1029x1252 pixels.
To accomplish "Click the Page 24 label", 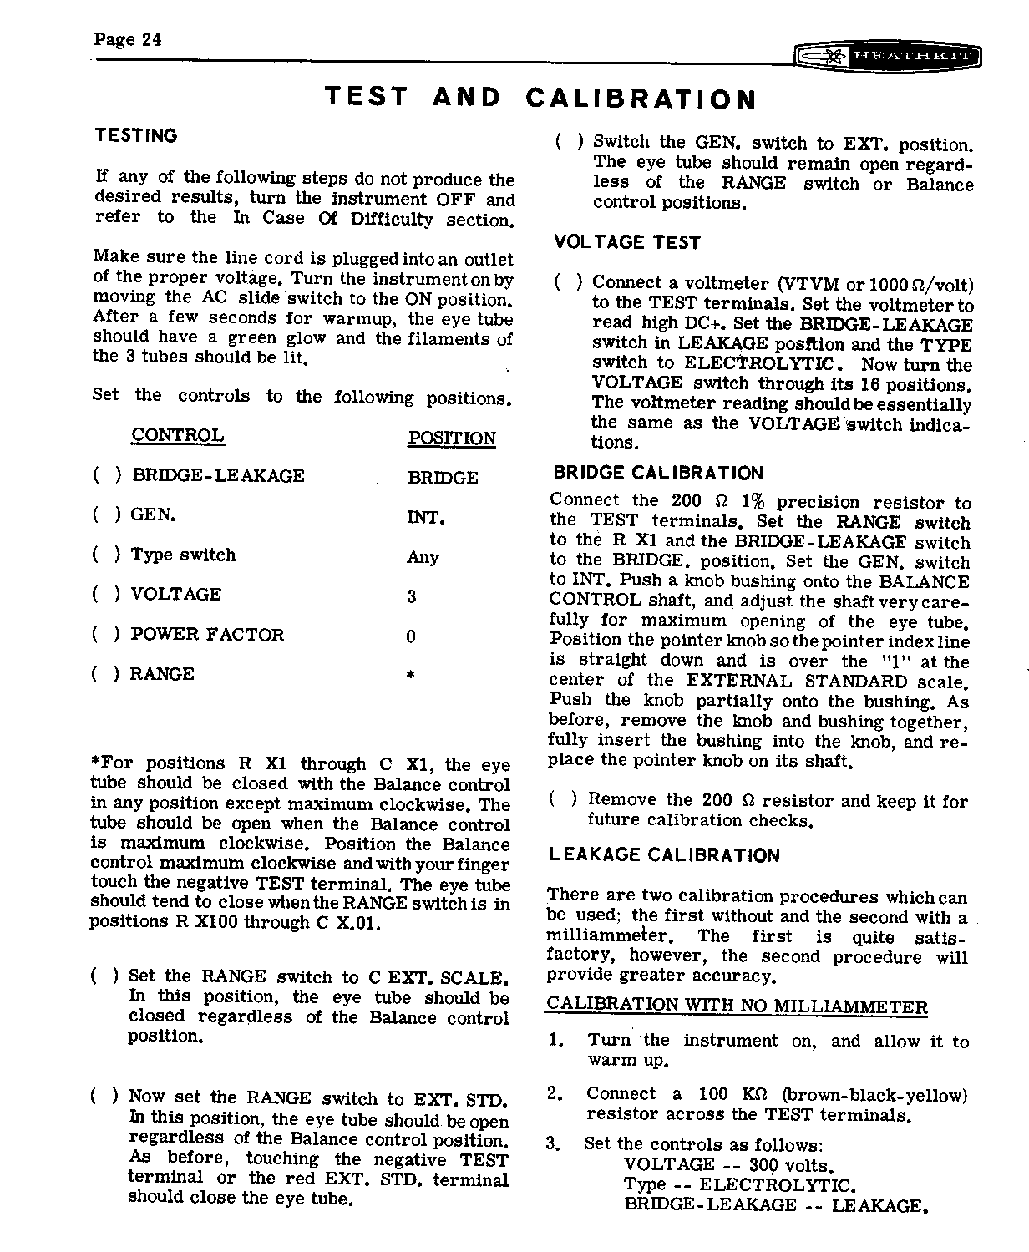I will click(x=127, y=39).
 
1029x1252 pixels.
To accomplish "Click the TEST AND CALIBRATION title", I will click(x=540, y=98).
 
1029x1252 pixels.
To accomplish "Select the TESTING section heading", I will click(x=135, y=135).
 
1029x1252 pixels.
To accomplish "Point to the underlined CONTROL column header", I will click(x=177, y=436).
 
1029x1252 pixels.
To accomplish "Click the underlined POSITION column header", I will click(x=451, y=438).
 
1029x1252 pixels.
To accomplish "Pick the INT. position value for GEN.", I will click(x=425, y=518).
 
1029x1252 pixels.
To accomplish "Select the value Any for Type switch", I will click(x=423, y=557).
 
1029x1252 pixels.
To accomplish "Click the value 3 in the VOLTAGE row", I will click(x=411, y=596).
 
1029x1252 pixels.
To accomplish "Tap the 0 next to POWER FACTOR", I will click(x=411, y=636).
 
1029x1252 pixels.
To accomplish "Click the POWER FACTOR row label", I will click(x=207, y=635).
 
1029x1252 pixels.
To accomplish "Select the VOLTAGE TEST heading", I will click(x=626, y=243).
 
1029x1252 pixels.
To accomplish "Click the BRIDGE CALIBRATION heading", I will click(x=657, y=474).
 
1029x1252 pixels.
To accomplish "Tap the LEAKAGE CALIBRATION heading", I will click(x=664, y=855).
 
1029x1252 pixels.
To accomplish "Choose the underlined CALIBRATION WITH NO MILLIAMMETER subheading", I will click(x=737, y=1006).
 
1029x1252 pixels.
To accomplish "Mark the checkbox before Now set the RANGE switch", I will click(x=104, y=1097).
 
